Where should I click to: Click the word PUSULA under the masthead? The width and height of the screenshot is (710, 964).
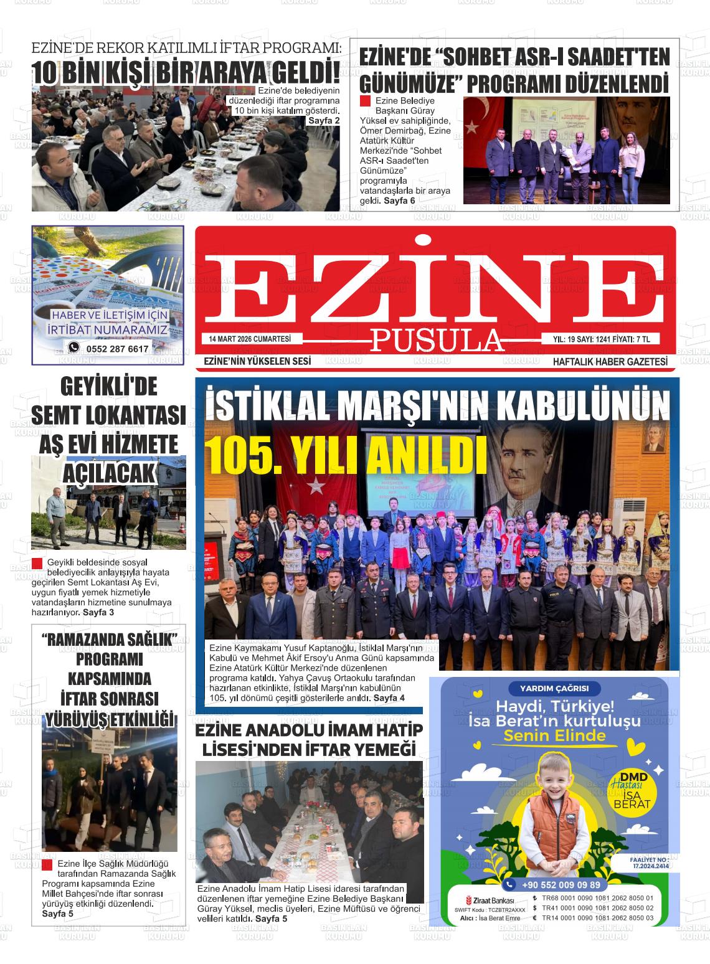437,340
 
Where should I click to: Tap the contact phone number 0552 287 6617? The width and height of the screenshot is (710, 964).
118,349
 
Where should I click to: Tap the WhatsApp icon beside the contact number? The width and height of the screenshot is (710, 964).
74,348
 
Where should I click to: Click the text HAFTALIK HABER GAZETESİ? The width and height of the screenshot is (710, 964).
610,362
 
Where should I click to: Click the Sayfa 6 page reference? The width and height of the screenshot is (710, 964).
399,201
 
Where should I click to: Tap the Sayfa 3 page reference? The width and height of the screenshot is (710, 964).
98,612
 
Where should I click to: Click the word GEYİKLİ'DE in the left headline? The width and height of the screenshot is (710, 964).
109,387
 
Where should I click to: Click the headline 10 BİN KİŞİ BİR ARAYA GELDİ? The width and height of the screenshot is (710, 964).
187,73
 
